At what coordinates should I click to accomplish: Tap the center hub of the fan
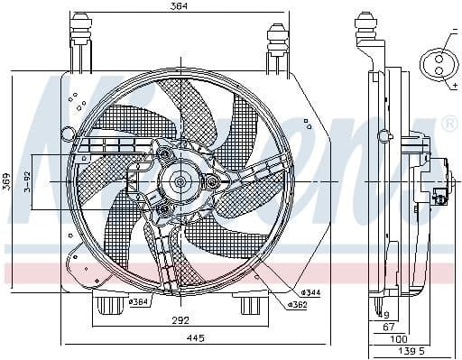179,182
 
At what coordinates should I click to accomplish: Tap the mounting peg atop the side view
365,27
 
